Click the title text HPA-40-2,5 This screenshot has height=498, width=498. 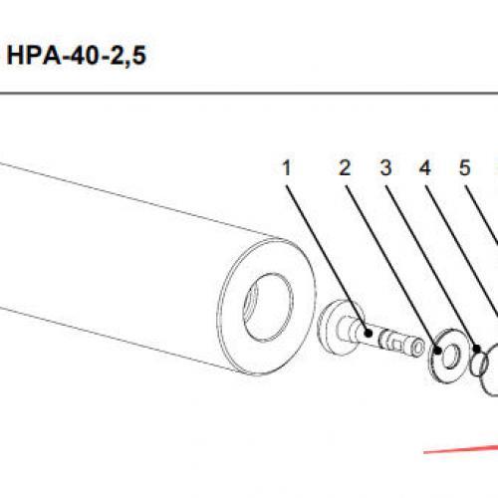pyautogui.click(x=77, y=56)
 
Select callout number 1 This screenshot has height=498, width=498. pyautogui.click(x=287, y=167)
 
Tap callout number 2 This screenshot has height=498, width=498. pyautogui.click(x=345, y=167)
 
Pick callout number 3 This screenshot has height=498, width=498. pyautogui.click(x=385, y=167)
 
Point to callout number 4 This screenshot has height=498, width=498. pyautogui.click(x=425, y=167)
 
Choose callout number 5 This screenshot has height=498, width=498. pyautogui.click(x=465, y=167)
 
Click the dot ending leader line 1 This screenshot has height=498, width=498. pyautogui.click(x=368, y=333)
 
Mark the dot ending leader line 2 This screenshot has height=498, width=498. pyautogui.click(x=438, y=350)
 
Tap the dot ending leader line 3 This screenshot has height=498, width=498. pyautogui.click(x=477, y=349)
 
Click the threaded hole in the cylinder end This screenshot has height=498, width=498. pyautogui.click(x=268, y=307)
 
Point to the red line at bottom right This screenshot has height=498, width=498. pyautogui.click(x=461, y=449)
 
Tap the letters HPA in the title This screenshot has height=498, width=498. pyautogui.click(x=34, y=56)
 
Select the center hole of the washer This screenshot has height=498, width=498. pyautogui.click(x=451, y=357)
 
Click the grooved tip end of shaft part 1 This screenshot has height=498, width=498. pyautogui.click(x=416, y=348)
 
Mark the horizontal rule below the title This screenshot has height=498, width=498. pyautogui.click(x=249, y=94)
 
